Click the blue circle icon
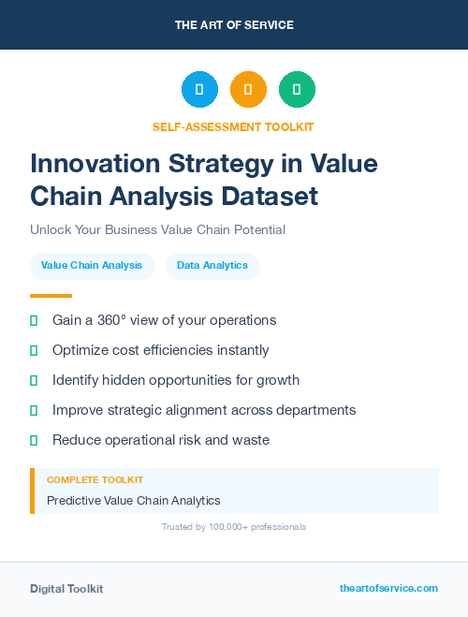point(199,89)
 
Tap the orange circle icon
point(248,89)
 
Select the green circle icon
point(297,89)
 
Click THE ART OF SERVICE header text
point(234,25)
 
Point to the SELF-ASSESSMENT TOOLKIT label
point(233,126)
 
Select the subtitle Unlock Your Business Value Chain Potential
point(157,229)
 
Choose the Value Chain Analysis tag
point(92,266)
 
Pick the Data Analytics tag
point(212,266)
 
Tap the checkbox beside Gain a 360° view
point(34,320)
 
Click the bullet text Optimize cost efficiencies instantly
point(160,350)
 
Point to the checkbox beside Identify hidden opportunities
point(34,380)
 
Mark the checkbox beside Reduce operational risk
point(34,440)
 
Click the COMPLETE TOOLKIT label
point(95,480)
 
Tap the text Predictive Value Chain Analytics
point(133,501)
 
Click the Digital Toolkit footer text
point(66,589)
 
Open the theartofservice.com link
point(388,588)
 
